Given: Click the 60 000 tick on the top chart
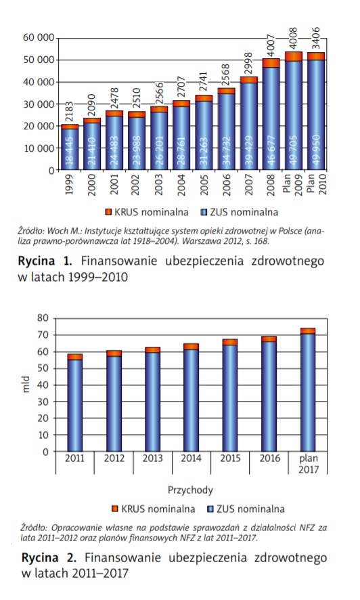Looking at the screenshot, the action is click(x=38, y=38).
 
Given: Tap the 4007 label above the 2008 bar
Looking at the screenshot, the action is click(x=271, y=46).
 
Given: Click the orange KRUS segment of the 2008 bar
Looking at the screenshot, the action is click(x=271, y=63).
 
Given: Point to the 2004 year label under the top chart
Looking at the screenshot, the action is click(x=181, y=184).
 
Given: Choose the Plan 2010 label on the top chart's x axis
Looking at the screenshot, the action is click(x=317, y=184).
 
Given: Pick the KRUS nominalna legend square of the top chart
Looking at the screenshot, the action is click(x=108, y=212).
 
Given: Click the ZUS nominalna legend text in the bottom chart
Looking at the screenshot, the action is click(x=250, y=509).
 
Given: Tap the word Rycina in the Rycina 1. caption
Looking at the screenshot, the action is click(x=37, y=261).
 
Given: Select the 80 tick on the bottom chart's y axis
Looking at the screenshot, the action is click(x=43, y=318).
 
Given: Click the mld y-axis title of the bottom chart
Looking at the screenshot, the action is click(x=26, y=385).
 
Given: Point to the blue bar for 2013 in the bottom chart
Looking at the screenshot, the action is click(x=152, y=402).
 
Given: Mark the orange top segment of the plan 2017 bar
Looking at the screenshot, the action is click(x=308, y=331).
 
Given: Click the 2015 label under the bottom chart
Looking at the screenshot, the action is click(x=230, y=458).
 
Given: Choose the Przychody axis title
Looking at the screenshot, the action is click(x=190, y=490).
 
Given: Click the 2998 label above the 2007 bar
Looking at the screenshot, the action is click(x=249, y=64).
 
